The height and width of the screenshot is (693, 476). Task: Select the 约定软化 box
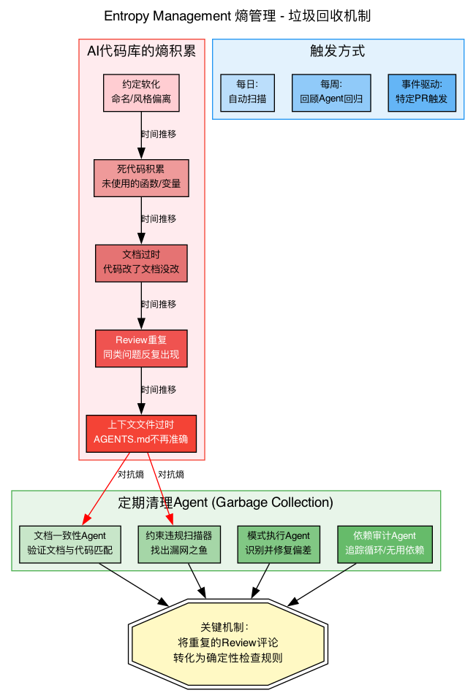point(141,93)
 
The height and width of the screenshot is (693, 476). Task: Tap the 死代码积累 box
point(141,177)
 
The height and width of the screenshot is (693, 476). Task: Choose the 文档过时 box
point(141,262)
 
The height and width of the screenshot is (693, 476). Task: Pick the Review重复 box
point(141,348)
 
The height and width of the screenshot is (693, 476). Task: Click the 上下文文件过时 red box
point(141,433)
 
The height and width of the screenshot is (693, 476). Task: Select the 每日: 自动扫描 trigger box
point(247,93)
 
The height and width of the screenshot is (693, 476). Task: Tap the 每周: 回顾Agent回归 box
point(331,93)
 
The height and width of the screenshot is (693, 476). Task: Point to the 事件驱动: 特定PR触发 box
point(421,93)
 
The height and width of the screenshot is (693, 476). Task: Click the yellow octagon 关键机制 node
point(227,643)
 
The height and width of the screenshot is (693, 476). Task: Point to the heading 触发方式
point(337,51)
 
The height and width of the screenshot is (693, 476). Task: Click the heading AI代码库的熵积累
point(141,51)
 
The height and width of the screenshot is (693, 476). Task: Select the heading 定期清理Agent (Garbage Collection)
point(225,502)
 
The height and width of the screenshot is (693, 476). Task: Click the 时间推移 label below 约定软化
point(158,134)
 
